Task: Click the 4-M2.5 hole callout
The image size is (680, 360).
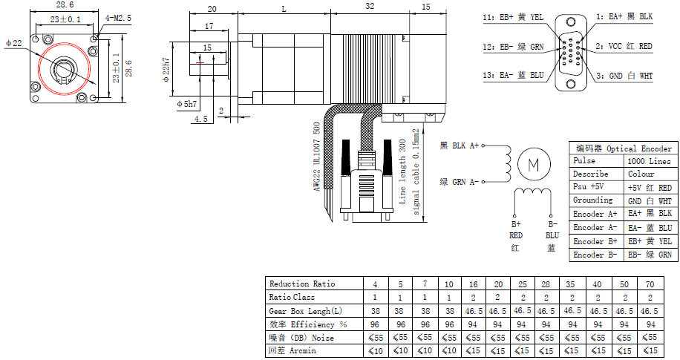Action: [x=119, y=17]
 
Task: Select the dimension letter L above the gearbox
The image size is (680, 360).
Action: [x=284, y=9]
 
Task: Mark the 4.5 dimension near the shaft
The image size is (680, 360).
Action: [x=201, y=119]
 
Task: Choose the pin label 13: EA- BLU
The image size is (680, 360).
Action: [x=513, y=75]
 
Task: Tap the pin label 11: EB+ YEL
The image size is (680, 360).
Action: [x=513, y=16]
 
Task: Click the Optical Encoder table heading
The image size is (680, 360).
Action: [x=624, y=148]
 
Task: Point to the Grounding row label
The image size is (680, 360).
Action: [x=593, y=200]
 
